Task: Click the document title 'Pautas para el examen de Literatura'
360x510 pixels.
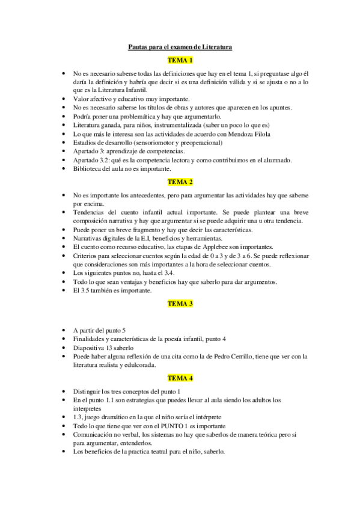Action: pyautogui.click(x=180, y=46)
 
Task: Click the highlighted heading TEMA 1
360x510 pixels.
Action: pyautogui.click(x=180, y=60)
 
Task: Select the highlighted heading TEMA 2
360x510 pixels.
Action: pyautogui.click(x=180, y=182)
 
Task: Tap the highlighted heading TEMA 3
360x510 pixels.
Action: pyautogui.click(x=180, y=304)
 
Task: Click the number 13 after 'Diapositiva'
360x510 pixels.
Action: pyautogui.click(x=109, y=348)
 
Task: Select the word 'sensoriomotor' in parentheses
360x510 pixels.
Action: pyautogui.click(x=154, y=143)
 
